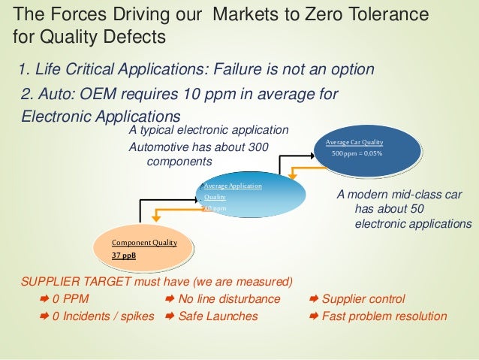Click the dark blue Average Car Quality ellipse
tap(369, 150)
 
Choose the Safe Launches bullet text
tap(218, 316)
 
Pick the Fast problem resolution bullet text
tap(384, 316)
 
